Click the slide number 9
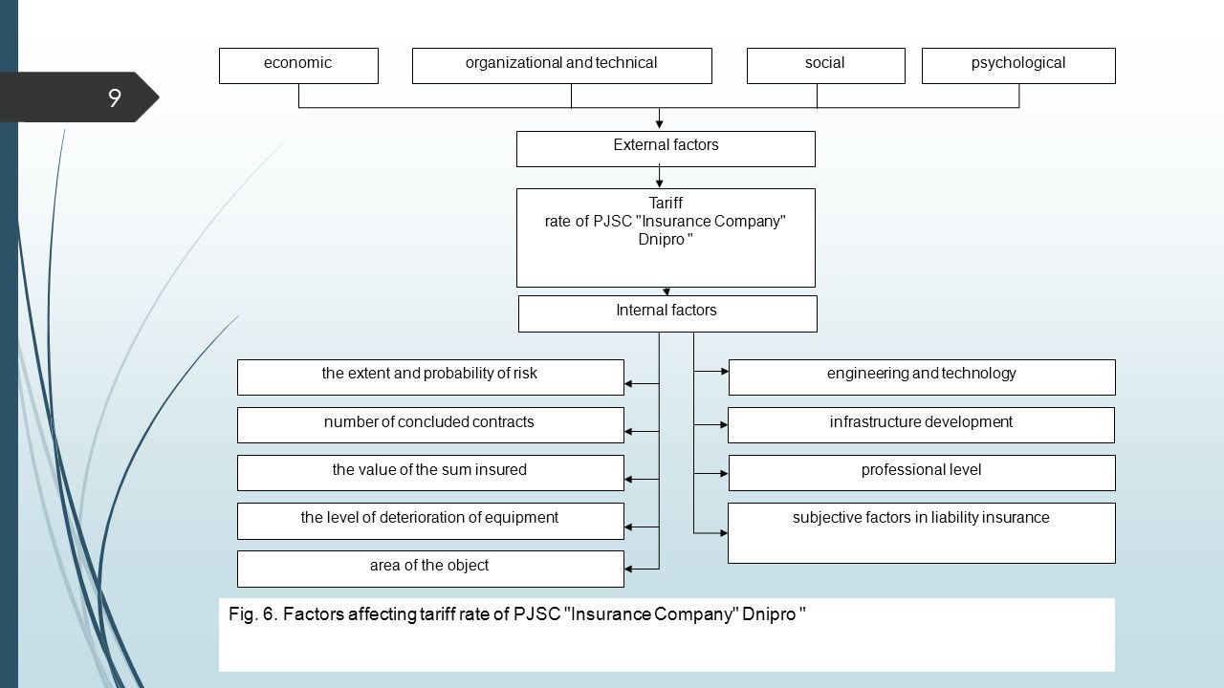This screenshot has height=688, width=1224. [114, 97]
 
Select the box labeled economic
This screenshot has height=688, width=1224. [298, 66]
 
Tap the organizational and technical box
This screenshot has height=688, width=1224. [561, 66]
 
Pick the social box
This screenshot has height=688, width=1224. [825, 66]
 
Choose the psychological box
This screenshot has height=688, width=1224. [1018, 66]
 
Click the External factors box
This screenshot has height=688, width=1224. [666, 148]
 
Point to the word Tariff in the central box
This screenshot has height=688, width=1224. [666, 204]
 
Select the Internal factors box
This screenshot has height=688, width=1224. [667, 314]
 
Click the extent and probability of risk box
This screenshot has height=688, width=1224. [430, 377]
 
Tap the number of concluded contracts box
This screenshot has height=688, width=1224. [430, 425]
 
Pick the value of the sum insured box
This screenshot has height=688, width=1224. [430, 473]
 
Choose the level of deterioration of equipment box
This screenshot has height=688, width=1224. [430, 521]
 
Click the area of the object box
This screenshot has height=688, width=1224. [430, 569]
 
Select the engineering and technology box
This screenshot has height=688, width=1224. [922, 377]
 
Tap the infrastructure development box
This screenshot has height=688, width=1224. [921, 425]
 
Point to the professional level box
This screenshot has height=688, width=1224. [922, 473]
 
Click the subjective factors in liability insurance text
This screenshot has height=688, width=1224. [921, 518]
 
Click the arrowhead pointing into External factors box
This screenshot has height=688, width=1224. [659, 125]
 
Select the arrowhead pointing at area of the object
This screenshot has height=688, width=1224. [628, 569]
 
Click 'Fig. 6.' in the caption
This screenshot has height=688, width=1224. [253, 614]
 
